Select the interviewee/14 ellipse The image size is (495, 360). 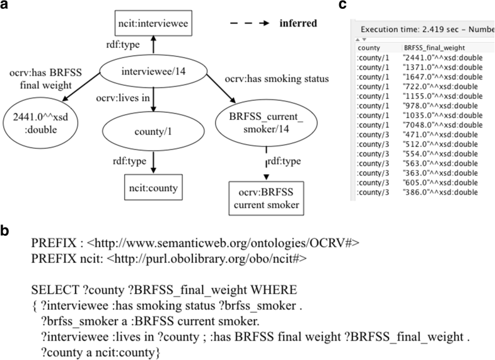tap(151, 77)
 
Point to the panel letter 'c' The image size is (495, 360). tap(361, 6)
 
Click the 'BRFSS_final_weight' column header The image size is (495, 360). tap(431, 47)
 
